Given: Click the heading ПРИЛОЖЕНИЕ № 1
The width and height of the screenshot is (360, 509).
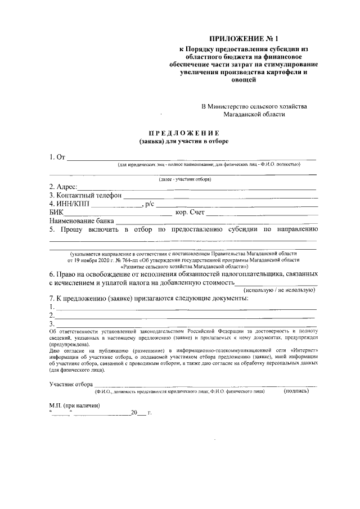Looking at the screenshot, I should tap(244, 39).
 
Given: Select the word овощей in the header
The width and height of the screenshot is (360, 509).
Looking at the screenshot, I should tap(244, 80).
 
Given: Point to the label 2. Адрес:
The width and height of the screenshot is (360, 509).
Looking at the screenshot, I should tap(62, 186).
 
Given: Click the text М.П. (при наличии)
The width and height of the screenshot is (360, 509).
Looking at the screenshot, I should tap(74, 406).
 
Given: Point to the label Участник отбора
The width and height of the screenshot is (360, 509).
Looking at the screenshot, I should tap(70, 384).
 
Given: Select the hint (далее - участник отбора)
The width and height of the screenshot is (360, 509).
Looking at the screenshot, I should tap(184, 179).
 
